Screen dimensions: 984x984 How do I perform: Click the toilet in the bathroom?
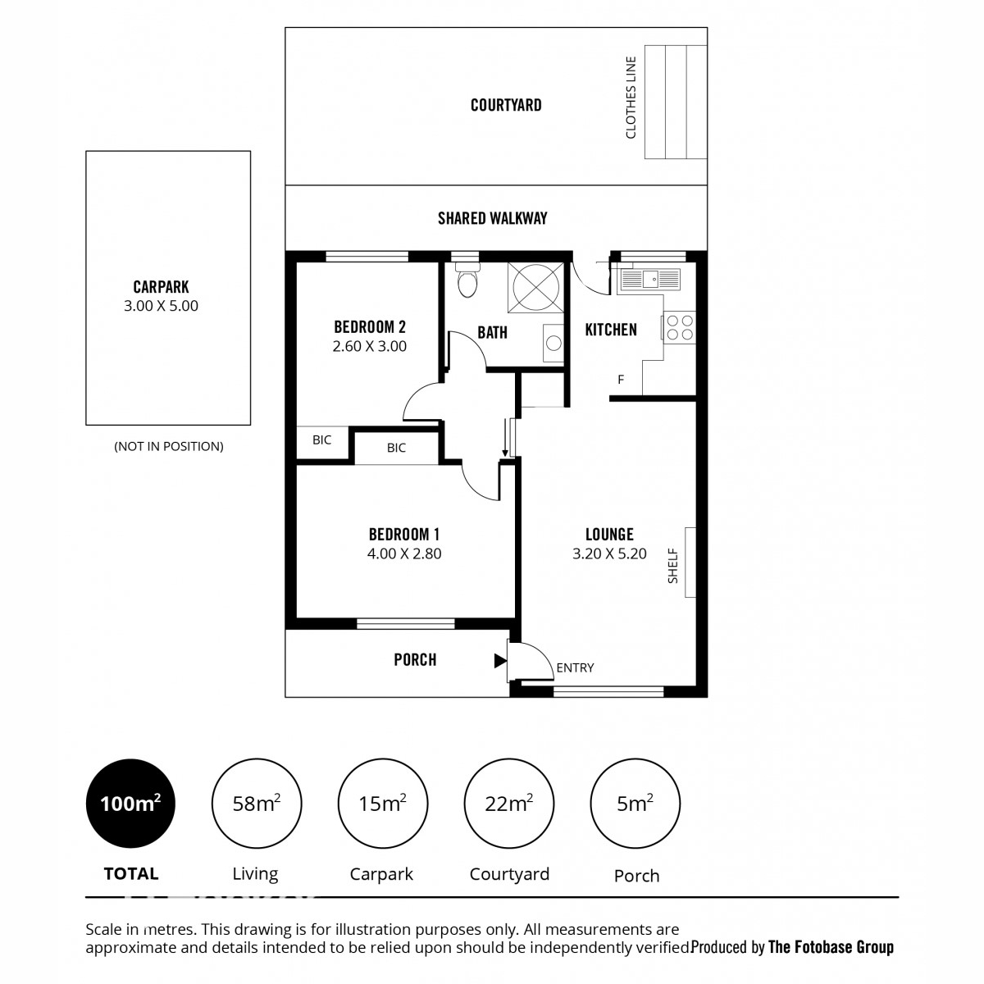click(x=467, y=280)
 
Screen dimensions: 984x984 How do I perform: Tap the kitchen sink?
click(x=649, y=280)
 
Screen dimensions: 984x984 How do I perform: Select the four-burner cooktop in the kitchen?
click(x=680, y=328)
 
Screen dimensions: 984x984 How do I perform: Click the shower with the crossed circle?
click(x=535, y=288)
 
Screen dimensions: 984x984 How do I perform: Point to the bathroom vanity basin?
click(x=553, y=343)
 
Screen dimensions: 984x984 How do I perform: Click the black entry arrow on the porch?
click(x=500, y=661)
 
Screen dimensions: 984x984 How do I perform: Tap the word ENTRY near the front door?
click(x=575, y=668)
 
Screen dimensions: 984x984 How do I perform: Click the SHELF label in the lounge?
click(x=673, y=566)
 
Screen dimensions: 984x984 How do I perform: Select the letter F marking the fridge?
click(x=621, y=380)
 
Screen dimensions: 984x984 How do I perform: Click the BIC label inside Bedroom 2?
click(x=321, y=440)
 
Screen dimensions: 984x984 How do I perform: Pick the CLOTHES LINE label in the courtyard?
click(x=631, y=98)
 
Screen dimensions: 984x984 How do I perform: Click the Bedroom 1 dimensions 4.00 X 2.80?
click(x=404, y=553)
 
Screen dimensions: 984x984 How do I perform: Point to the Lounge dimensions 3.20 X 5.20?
click(x=609, y=553)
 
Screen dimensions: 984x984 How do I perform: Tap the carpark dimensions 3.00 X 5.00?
click(x=161, y=306)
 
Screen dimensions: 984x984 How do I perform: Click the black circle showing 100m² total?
click(x=130, y=804)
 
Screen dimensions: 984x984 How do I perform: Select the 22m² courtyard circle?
click(x=509, y=804)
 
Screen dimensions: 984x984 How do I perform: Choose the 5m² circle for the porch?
click(x=635, y=804)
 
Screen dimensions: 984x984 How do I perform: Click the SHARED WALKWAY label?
click(x=492, y=219)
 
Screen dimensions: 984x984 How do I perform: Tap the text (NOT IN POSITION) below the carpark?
click(x=169, y=446)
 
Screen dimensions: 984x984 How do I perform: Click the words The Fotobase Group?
click(x=831, y=947)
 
